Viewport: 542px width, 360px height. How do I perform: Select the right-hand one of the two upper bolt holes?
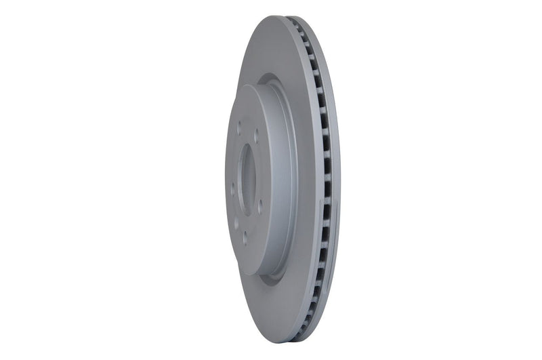(x=256, y=136)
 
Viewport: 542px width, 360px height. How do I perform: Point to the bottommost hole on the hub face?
(x=245, y=239)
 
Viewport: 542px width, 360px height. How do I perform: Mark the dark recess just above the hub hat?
(x=271, y=80)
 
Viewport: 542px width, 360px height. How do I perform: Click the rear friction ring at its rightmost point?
(x=339, y=180)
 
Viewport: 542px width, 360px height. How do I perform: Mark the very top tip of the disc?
(x=278, y=16)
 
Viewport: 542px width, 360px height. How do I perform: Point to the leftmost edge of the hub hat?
(x=226, y=180)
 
